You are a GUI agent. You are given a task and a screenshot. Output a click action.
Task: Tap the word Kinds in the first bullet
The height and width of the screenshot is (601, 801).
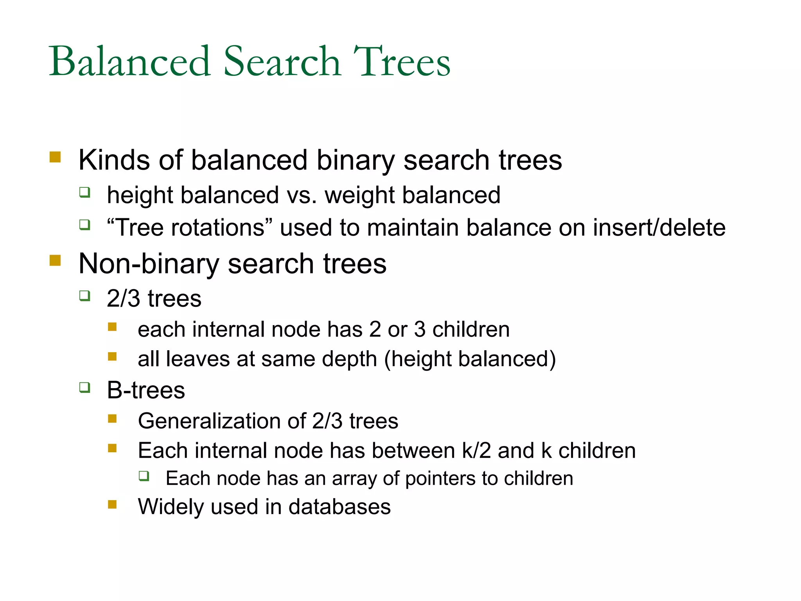pos(114,160)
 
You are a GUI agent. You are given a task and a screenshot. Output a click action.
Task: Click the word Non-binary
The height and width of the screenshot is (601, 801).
pos(149,264)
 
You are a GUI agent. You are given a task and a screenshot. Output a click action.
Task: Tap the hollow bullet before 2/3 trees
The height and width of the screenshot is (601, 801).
pos(84,296)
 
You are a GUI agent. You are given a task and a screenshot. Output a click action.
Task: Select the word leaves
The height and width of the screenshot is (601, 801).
pos(198,359)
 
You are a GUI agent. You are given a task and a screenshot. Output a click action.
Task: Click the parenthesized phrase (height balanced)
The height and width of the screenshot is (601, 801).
pos(470,359)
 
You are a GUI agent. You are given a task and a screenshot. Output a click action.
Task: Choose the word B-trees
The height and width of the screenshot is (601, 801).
pos(146,390)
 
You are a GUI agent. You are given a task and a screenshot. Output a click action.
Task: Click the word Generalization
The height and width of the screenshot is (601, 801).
pos(209,421)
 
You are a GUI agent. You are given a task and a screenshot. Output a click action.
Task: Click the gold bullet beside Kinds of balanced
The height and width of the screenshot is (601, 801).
pos(55,157)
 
